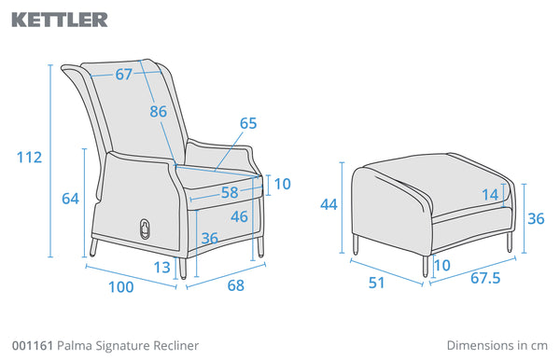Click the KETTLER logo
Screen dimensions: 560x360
point(60,20)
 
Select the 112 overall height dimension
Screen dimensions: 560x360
point(29,158)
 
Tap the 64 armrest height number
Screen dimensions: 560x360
point(70,199)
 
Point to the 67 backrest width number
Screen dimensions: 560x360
point(124,75)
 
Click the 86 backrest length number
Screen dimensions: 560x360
point(159,111)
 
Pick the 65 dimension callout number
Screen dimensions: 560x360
point(248,123)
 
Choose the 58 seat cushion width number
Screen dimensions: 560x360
point(230,193)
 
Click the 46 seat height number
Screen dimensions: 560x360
point(239,216)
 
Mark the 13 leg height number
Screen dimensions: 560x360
point(161,268)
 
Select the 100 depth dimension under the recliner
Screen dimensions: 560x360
point(121,287)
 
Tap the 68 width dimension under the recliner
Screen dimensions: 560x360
point(236,285)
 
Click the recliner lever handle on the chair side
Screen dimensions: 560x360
point(146,229)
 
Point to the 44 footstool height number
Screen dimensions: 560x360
point(329,205)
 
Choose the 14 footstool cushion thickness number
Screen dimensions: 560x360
point(490,195)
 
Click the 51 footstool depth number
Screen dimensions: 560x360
point(376,283)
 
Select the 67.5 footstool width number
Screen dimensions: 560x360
point(485,278)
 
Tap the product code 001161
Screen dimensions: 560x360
point(33,345)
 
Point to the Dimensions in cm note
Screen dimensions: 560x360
point(497,345)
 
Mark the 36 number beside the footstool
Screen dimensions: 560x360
point(536,219)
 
